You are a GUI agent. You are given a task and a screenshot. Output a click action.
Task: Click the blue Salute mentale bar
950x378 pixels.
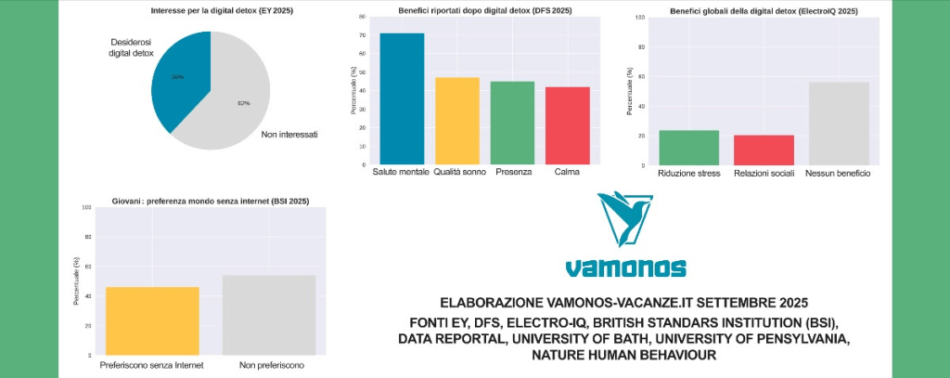tap(402, 99)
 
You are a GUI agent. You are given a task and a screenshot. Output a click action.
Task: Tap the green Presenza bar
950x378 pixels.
tap(512, 123)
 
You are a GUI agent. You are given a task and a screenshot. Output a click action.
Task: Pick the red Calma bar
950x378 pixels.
tap(568, 125)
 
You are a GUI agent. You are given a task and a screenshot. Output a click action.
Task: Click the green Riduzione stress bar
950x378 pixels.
tap(688, 148)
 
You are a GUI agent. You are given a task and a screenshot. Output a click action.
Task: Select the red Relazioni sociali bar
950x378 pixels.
tap(764, 150)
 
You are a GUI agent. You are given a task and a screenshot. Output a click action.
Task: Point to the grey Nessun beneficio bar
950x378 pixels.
tap(839, 124)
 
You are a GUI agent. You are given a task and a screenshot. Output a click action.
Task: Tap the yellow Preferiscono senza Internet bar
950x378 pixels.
tap(152, 320)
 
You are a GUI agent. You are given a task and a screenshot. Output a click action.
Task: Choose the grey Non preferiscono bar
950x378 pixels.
tap(269, 315)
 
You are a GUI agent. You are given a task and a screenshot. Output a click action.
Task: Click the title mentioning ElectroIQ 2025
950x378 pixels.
tap(764, 10)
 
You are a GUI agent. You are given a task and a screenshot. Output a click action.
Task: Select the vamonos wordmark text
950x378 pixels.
tap(626, 267)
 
